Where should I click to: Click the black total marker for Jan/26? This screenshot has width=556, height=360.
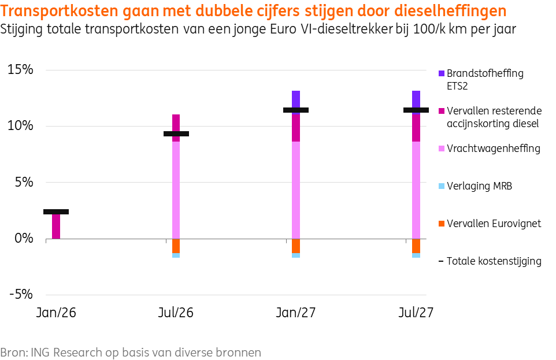(56, 212)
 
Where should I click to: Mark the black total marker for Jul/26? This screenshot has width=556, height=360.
(176, 134)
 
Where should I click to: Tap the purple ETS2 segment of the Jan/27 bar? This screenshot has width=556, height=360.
(296, 98)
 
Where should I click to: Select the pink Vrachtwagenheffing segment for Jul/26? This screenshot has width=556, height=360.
(176, 191)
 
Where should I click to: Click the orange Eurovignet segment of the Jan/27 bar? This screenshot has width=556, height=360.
(296, 246)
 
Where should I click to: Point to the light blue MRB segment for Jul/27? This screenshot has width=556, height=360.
(416, 255)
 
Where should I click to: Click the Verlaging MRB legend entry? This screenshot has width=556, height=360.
(479, 186)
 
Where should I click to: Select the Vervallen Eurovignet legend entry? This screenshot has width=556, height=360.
(493, 224)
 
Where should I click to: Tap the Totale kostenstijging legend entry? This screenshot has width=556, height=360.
(494, 261)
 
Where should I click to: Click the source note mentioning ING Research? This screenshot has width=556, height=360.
(131, 352)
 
